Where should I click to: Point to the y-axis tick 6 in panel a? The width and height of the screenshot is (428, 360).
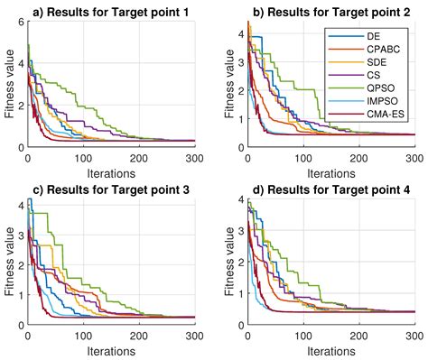[20, 23]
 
